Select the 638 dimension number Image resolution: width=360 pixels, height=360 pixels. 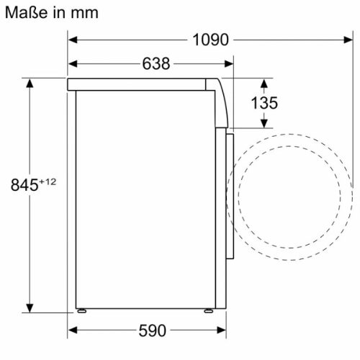coord(156,64)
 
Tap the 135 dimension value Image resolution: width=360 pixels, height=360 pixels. coord(264,103)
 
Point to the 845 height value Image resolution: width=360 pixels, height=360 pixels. coord(24,185)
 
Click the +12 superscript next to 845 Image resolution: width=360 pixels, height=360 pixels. coord(48,181)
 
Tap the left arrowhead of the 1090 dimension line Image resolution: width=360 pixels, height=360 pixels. coord(73,40)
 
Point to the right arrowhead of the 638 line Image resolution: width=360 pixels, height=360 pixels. coord(230,64)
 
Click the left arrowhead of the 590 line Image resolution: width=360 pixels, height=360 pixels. coord(73,330)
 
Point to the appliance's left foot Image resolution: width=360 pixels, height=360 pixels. coord(84,312)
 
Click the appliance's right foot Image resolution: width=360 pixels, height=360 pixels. coord(208,312)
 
